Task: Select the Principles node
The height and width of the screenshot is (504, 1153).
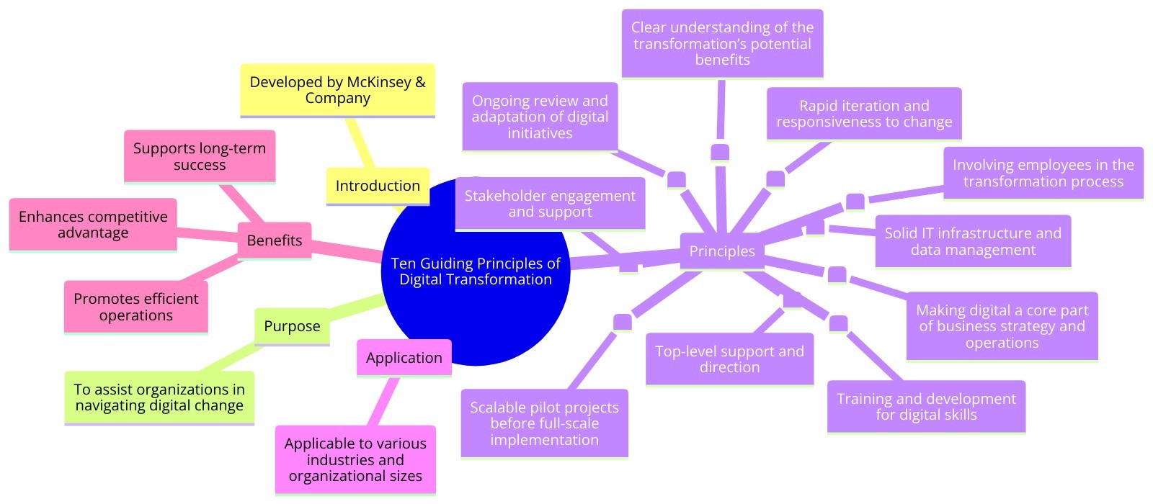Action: (721, 251)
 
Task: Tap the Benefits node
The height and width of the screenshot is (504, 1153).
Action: (274, 240)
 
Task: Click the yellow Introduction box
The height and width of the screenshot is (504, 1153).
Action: (377, 186)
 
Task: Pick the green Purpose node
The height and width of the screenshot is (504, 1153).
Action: (292, 326)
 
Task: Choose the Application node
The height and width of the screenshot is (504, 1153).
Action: (404, 358)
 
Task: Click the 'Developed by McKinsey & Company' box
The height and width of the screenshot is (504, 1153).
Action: (337, 90)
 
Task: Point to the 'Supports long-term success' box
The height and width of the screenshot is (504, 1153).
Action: (200, 156)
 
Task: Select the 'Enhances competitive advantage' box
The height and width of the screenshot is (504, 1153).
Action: (93, 225)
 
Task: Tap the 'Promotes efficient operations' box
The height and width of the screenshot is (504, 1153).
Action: (135, 307)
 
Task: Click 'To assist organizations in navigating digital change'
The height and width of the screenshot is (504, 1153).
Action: (159, 397)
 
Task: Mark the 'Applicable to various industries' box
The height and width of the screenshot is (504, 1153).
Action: (355, 459)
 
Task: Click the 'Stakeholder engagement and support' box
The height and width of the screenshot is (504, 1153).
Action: (550, 204)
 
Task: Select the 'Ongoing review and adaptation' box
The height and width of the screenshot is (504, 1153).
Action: (540, 117)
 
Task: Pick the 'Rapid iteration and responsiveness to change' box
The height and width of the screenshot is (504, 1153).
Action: (864, 114)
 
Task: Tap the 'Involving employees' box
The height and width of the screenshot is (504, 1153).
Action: (1043, 173)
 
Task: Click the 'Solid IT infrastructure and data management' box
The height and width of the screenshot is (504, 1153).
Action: (973, 241)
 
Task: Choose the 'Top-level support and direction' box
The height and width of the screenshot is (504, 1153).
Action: (729, 359)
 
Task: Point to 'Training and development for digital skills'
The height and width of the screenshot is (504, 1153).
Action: (926, 407)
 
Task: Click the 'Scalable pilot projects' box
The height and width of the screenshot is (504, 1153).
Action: (544, 423)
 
